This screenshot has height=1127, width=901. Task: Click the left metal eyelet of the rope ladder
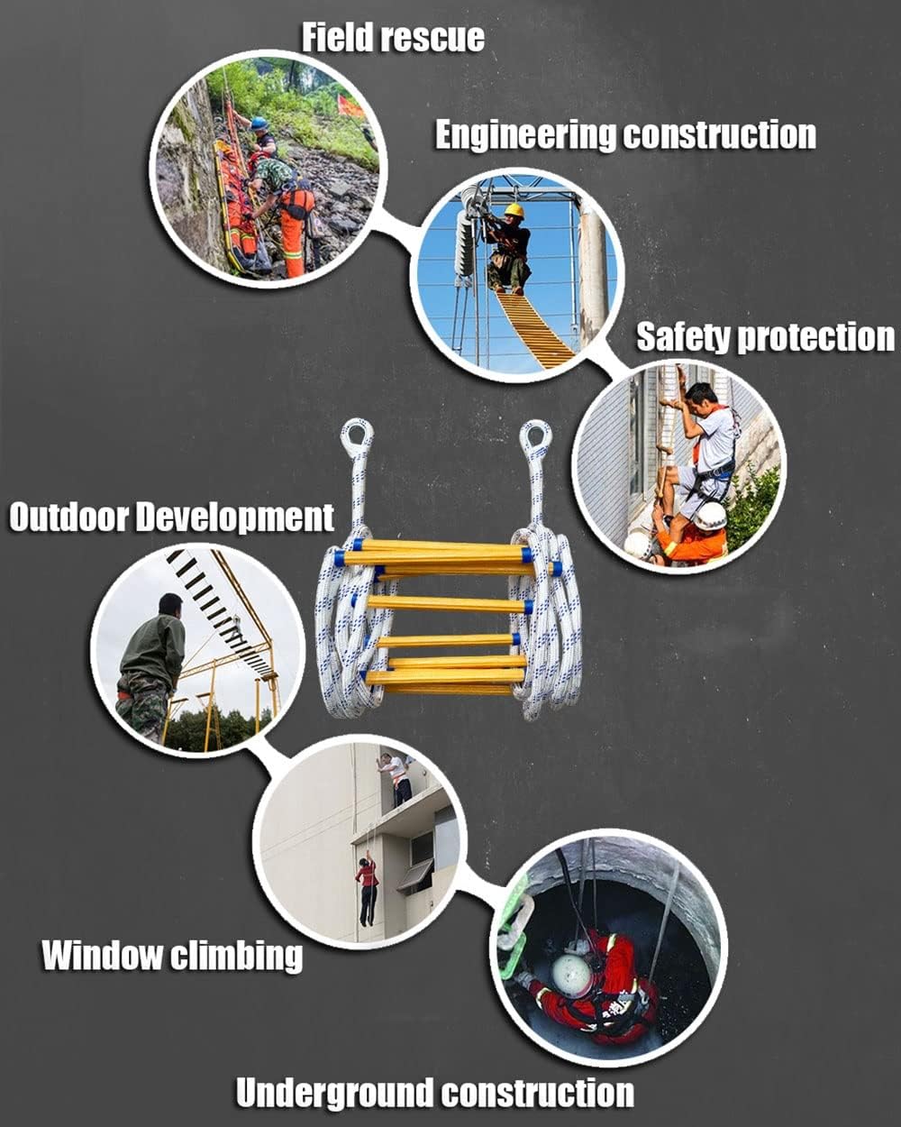[x=357, y=438]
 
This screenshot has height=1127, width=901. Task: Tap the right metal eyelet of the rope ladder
[x=535, y=439]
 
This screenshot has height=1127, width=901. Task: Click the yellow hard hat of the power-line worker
[x=514, y=211]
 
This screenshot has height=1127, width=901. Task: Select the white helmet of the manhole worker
[x=572, y=975]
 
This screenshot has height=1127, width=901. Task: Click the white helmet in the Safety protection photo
[x=711, y=517]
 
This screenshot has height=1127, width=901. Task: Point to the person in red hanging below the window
[x=367, y=888]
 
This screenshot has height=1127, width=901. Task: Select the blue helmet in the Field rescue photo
[x=259, y=124]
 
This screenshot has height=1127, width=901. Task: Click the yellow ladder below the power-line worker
[x=536, y=329]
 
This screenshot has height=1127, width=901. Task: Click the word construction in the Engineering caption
[x=720, y=135]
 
